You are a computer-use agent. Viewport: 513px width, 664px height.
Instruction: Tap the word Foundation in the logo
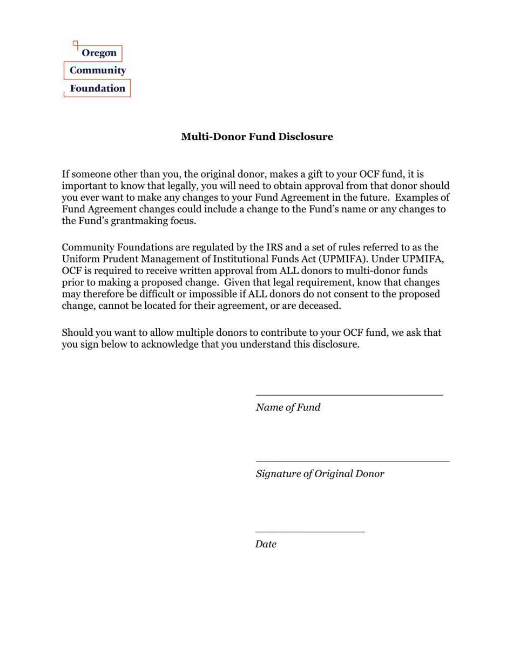(x=98, y=88)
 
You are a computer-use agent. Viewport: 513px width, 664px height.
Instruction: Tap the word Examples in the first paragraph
(x=412, y=198)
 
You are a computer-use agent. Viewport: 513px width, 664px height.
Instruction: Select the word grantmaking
(x=134, y=221)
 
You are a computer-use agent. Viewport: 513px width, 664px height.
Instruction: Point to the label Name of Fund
(x=288, y=408)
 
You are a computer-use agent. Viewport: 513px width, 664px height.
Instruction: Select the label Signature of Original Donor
(x=320, y=474)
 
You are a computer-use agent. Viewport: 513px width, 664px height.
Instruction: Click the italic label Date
(x=266, y=544)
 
